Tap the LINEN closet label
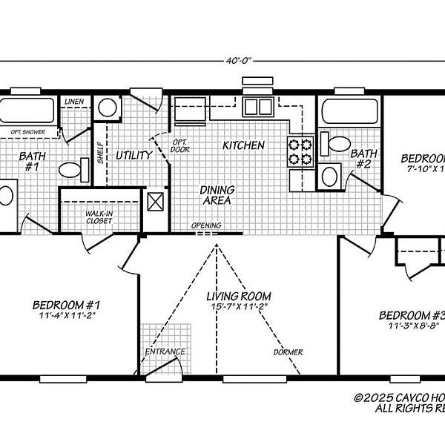(x=73, y=102)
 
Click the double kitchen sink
(x=260, y=106)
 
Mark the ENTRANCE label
(x=165, y=352)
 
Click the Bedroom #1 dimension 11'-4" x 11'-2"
(x=67, y=315)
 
